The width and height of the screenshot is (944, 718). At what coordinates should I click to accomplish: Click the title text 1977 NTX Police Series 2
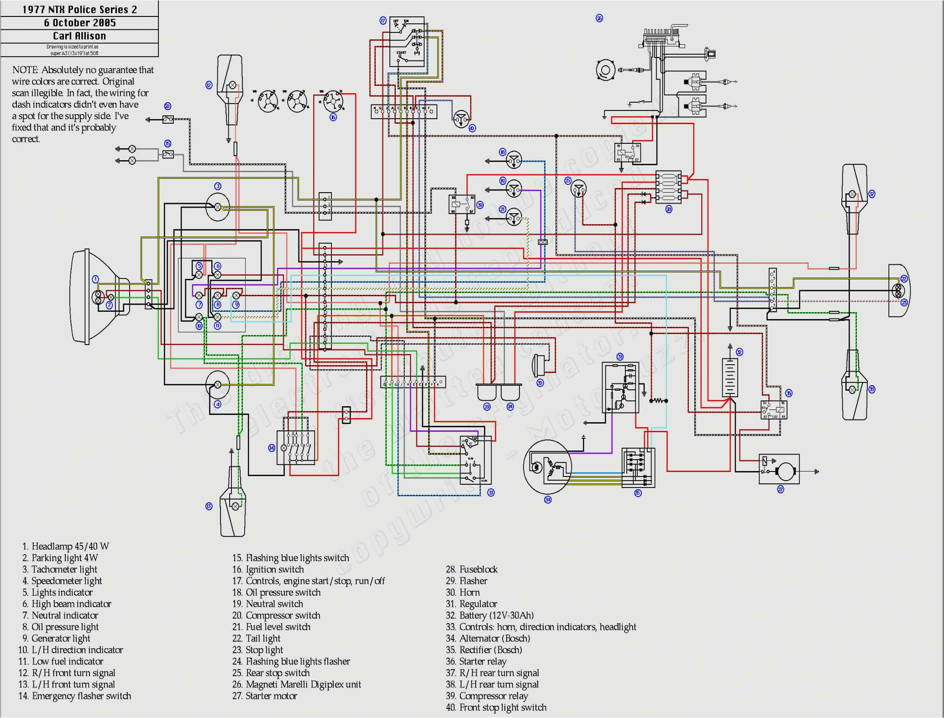(x=79, y=10)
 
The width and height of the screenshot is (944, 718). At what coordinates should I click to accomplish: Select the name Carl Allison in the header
(x=79, y=36)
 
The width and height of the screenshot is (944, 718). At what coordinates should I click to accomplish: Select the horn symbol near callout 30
(x=538, y=365)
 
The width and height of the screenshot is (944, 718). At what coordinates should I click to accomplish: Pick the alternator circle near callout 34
(x=547, y=467)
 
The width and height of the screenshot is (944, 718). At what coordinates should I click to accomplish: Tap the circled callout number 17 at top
(x=383, y=21)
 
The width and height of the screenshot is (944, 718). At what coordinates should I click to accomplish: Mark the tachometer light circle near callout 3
(x=218, y=207)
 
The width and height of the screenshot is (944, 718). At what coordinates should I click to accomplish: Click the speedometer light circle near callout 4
(x=218, y=384)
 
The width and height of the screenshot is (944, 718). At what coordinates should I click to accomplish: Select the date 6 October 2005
(x=79, y=23)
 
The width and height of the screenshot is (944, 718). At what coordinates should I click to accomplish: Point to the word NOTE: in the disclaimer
(x=25, y=70)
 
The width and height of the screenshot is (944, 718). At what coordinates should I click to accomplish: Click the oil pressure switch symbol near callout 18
(x=514, y=161)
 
